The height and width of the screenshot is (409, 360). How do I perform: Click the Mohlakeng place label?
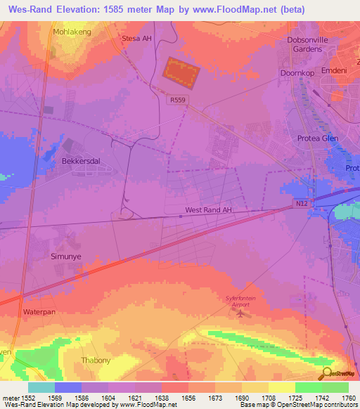coord(72,32)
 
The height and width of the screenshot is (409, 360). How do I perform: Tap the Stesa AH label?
coord(136,39)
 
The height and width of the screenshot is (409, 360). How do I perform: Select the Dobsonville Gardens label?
coord(313,44)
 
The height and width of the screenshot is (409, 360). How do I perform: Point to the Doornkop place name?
coord(297,73)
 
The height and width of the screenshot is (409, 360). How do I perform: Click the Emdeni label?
coord(333,71)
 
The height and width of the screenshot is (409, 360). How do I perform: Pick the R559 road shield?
coord(178,100)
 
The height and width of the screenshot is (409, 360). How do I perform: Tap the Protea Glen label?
coord(318,138)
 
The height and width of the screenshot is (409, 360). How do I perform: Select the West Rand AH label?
coord(208,210)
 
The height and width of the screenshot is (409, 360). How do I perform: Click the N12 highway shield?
coord(300,204)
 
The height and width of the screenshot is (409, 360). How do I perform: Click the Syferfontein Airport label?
coord(242,302)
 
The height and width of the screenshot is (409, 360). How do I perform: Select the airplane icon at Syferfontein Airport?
coord(243,314)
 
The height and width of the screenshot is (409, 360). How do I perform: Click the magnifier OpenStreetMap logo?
coord(327,372)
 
